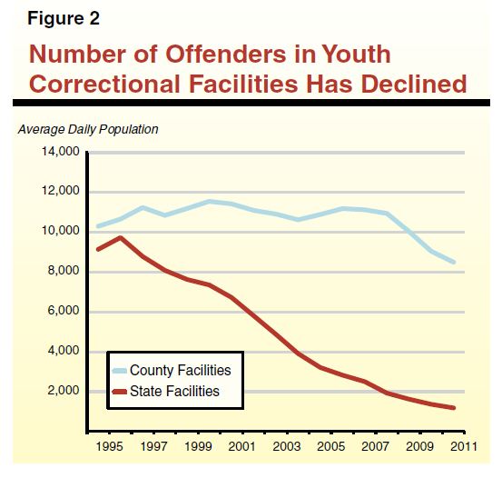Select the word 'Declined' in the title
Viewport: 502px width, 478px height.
tap(411, 85)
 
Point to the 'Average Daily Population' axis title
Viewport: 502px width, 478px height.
tap(88, 129)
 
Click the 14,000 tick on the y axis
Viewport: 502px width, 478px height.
tap(61, 152)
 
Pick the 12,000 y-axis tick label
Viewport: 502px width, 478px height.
tap(61, 192)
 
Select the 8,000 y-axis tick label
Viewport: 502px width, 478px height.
tap(64, 272)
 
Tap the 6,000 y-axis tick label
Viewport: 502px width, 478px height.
tap(64, 312)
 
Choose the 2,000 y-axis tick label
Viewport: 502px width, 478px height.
tap(64, 391)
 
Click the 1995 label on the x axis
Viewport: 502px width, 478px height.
tap(109, 447)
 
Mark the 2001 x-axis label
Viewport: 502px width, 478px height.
tap(241, 447)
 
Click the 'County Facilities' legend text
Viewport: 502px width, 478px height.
tap(180, 371)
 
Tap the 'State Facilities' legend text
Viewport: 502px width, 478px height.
tap(174, 392)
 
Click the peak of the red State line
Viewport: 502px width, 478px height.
tap(120, 237)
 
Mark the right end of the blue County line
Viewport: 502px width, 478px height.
tap(454, 263)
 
